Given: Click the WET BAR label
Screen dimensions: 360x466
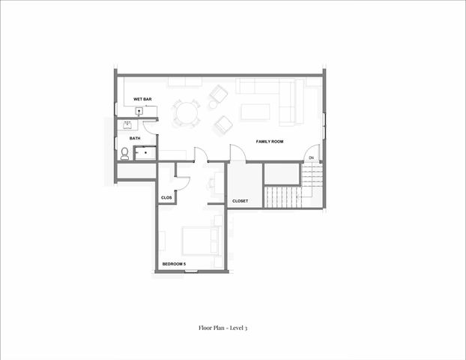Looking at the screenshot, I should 142,99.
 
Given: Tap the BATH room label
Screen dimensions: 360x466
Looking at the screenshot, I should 135,138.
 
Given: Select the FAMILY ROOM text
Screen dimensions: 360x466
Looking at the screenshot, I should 268,142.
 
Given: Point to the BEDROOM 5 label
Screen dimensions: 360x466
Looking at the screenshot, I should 174,263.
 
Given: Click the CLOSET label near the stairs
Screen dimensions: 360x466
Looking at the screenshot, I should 240,201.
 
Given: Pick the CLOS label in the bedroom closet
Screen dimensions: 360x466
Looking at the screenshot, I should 166,197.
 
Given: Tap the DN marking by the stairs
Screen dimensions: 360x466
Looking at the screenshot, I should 310,157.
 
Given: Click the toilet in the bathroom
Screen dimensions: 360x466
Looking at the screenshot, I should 124,153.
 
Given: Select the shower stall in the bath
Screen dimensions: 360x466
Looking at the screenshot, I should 145,153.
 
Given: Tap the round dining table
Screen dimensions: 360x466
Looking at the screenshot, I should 186,114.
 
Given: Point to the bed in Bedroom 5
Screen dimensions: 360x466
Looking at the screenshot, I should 199,241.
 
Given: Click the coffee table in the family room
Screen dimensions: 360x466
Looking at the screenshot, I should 255,113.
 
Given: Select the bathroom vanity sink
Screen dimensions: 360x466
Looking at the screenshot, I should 127,124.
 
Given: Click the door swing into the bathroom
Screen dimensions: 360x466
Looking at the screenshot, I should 150,127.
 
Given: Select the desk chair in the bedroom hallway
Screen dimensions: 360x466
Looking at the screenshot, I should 212,181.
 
